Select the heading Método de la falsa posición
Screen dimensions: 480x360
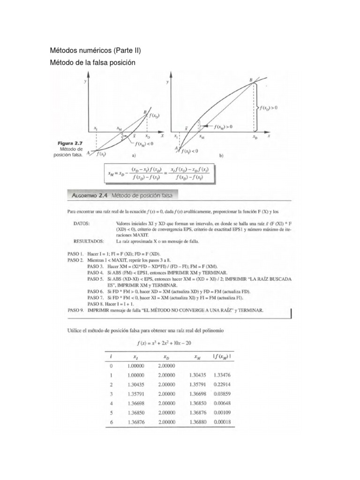pos(95,62)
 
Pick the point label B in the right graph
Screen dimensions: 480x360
pos(251,80)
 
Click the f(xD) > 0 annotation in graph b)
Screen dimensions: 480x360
pos(269,107)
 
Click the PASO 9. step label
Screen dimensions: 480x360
pos(75,310)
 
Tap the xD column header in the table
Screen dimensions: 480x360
pos(166,357)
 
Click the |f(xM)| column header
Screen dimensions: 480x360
pos(223,357)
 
